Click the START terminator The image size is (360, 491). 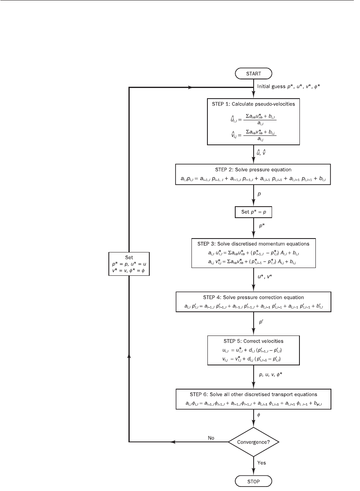tap(253, 73)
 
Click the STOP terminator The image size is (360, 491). tap(253, 481)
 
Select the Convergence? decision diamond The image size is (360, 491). tap(254, 442)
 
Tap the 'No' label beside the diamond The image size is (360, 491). tap(211, 438)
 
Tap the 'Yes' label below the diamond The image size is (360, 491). tap(261, 463)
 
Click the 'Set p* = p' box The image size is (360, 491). tap(253, 212)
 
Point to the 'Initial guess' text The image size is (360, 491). tap(271, 86)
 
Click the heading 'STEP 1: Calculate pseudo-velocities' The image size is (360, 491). tap(253, 104)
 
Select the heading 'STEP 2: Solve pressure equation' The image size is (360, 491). tap(253, 170)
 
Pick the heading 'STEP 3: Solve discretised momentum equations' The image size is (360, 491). tap(253, 244)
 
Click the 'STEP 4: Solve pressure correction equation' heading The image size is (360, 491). tap(253, 297)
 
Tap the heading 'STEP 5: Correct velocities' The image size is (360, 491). tap(253, 341)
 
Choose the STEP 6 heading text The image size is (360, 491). tap(253, 394)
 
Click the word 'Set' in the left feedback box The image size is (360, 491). tap(129, 257)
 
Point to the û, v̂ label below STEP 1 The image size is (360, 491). tap(261, 152)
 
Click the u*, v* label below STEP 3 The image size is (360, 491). tap(265, 277)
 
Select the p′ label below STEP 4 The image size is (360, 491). tap(261, 322)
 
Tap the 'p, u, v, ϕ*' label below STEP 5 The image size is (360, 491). tap(270, 375)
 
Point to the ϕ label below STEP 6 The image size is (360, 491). tap(259, 415)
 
